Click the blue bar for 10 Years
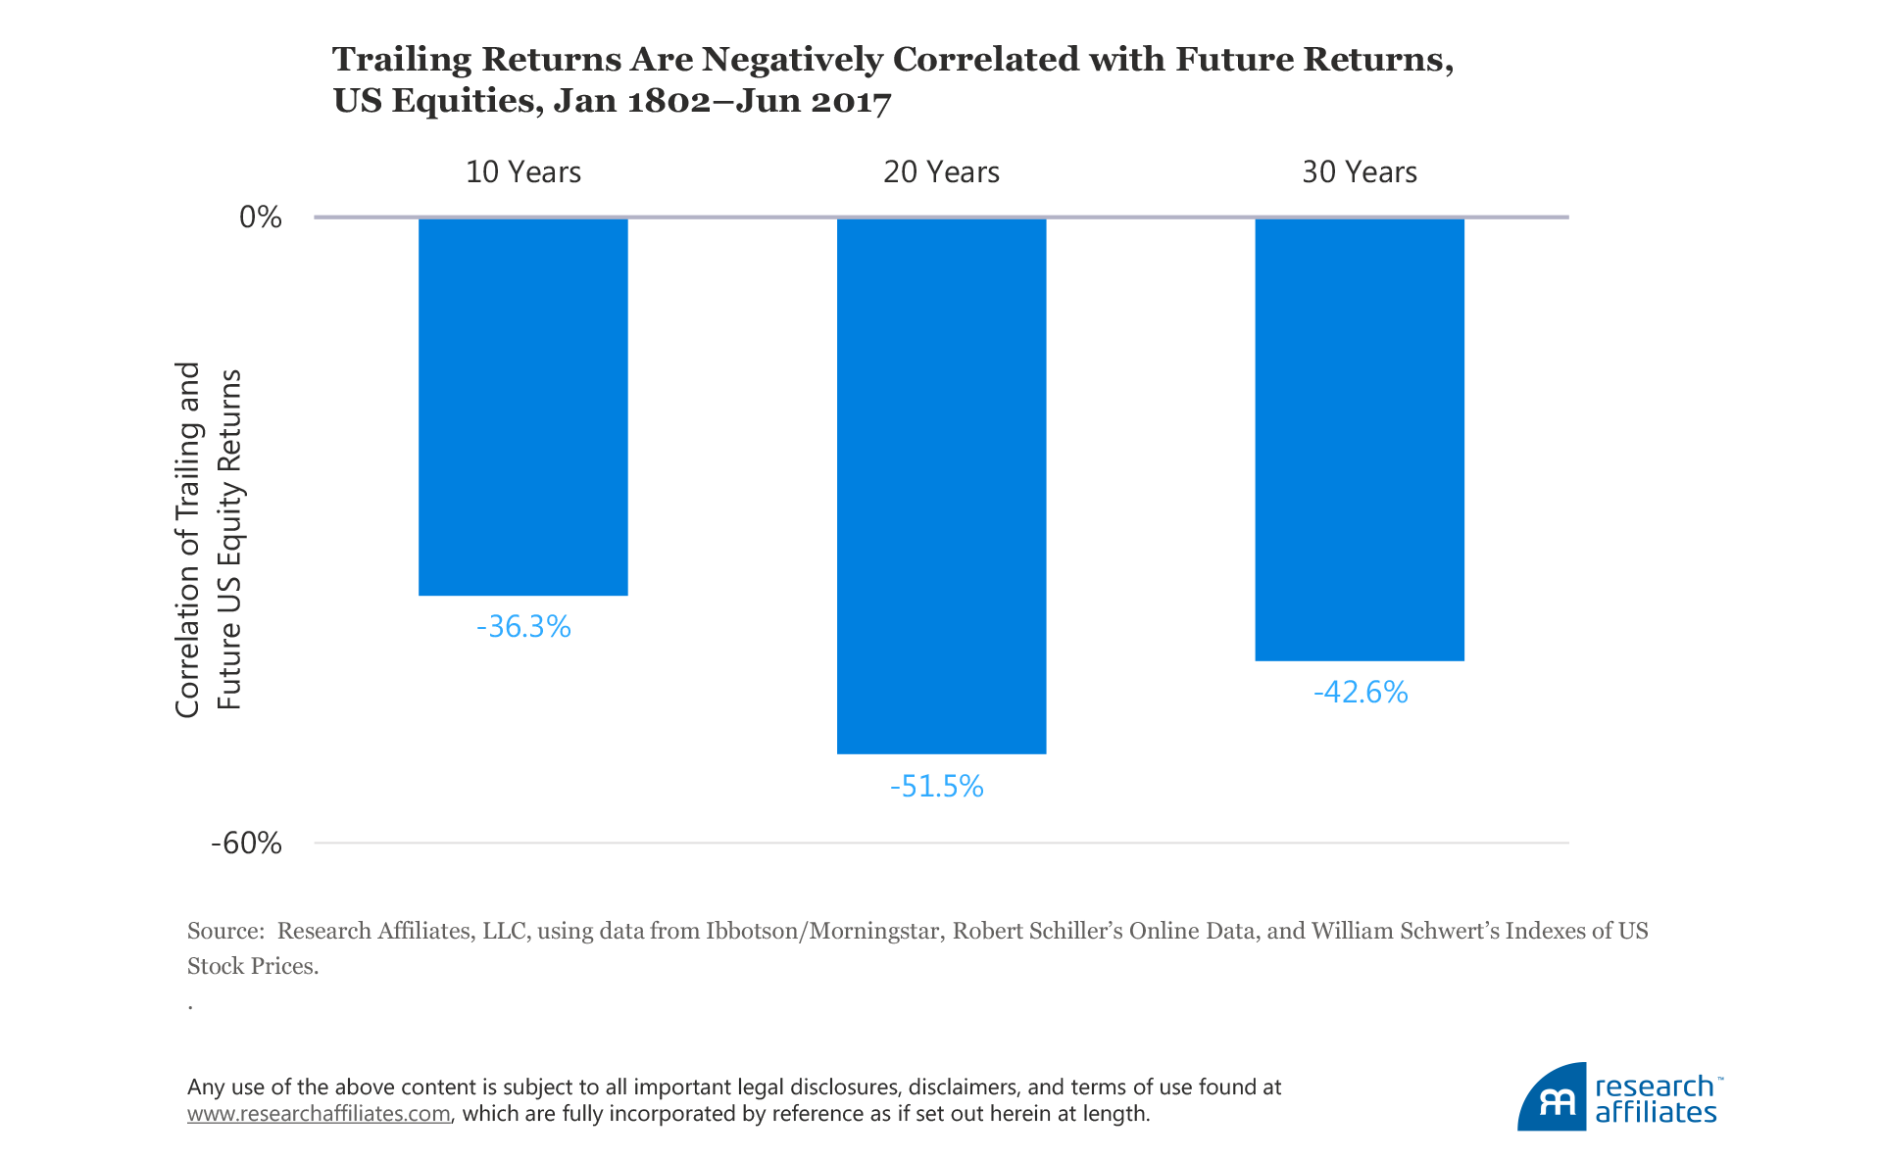tap(522, 407)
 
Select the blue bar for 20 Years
tap(941, 485)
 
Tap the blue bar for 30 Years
tap(1360, 439)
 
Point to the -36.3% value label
tap(523, 626)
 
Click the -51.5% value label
tap(936, 786)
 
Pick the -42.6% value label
tap(1361, 693)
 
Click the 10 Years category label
tap(523, 172)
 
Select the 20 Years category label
tap(941, 172)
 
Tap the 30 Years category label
tap(1360, 172)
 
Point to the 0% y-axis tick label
tap(261, 217)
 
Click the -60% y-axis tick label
tap(246, 843)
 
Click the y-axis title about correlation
tap(208, 539)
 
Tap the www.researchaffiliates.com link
tap(319, 1114)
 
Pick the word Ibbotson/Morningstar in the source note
tap(822, 931)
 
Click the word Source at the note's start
tap(224, 931)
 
